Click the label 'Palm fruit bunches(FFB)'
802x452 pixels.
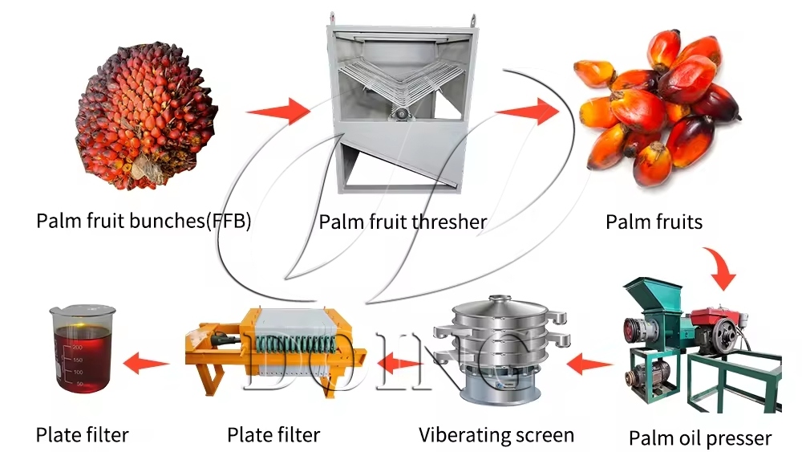(x=144, y=221)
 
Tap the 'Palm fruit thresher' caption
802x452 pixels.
(x=403, y=221)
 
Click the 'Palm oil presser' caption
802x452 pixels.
(x=699, y=438)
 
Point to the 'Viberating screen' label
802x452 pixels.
(x=496, y=435)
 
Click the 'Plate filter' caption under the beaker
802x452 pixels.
(x=82, y=435)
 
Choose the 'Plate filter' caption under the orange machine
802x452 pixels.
(x=273, y=435)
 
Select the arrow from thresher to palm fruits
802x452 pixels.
(x=527, y=111)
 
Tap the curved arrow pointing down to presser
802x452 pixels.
(x=721, y=269)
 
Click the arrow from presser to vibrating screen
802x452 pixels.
(x=589, y=366)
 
